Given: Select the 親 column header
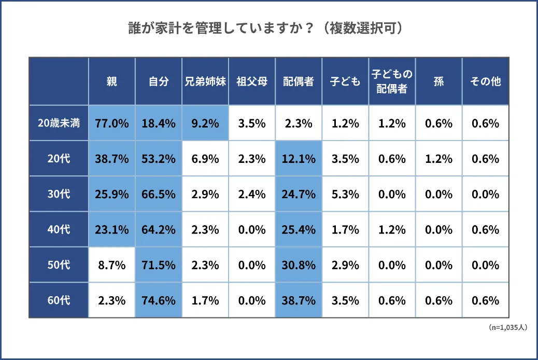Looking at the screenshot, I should (x=111, y=81).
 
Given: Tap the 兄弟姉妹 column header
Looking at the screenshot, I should (x=205, y=81).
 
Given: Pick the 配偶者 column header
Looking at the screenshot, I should (x=299, y=81).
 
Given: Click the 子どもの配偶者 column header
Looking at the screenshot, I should (x=392, y=81).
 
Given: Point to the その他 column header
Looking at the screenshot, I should (x=485, y=81).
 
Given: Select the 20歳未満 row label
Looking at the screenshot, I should (x=59, y=123).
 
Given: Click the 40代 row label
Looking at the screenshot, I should (x=59, y=229).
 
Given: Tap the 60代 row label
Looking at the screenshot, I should (x=59, y=300).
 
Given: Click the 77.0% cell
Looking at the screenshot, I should (x=111, y=123).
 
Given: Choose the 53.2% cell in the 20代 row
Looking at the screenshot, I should (x=159, y=159).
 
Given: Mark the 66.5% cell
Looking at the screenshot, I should (x=159, y=194).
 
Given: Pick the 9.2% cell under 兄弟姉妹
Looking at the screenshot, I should (x=205, y=123).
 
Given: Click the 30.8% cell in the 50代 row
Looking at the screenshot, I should (x=299, y=265).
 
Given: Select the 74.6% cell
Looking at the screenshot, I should (x=159, y=300).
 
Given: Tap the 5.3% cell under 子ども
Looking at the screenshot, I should (x=345, y=194).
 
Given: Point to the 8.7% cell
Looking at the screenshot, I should (x=111, y=265).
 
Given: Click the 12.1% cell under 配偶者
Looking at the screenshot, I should (x=299, y=159).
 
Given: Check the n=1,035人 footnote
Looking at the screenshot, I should (x=508, y=328).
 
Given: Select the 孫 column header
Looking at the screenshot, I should (x=438, y=81).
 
